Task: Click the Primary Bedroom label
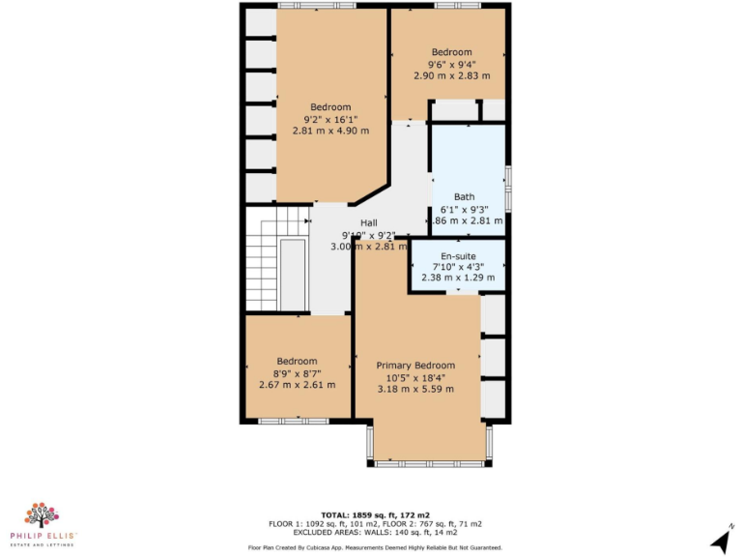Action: point(415,365)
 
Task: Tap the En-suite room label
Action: point(459,256)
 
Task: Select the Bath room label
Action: point(464,197)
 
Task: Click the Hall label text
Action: point(368,222)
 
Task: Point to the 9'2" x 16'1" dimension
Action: point(330,120)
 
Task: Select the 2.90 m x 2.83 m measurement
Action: point(451,75)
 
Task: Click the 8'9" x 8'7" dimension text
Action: point(297,372)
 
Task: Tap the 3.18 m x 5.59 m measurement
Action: point(415,389)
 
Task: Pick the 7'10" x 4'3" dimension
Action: point(459,267)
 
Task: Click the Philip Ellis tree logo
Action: point(43,515)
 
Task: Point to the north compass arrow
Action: point(719,539)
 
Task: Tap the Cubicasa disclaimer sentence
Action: point(376,547)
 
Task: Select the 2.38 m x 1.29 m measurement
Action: point(459,278)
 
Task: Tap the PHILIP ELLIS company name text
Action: point(43,536)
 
